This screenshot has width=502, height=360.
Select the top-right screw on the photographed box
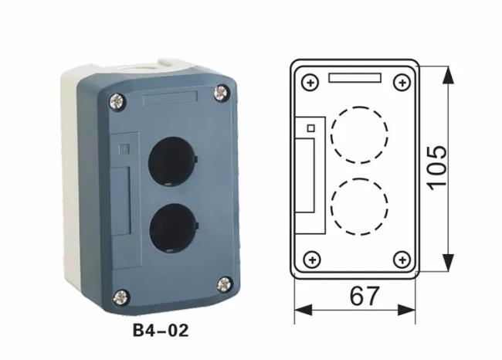click(222, 92)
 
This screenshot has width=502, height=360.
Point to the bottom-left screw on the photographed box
click(120, 294)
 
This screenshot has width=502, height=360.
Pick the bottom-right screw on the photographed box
click(224, 284)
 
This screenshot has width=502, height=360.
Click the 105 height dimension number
click(436, 166)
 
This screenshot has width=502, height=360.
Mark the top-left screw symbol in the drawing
click(310, 81)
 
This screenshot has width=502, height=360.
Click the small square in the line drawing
click(311, 127)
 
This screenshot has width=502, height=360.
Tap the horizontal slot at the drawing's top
click(354, 77)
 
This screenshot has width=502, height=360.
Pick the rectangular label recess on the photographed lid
click(170, 98)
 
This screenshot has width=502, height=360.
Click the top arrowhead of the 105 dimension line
click(447, 71)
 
